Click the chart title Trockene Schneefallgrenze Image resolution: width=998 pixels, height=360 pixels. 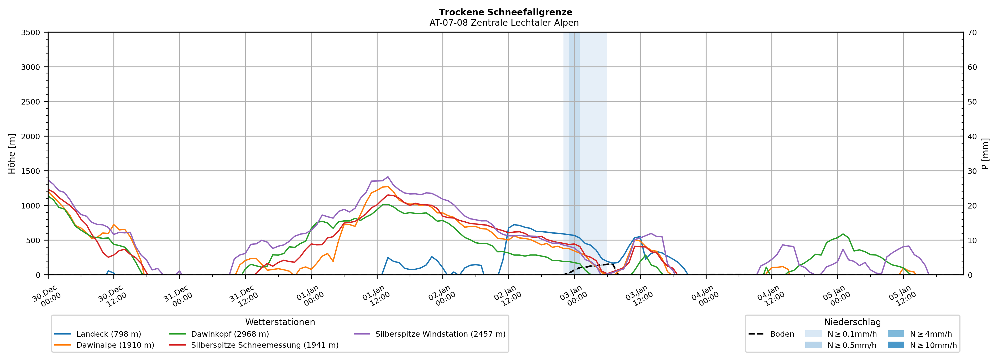[x=505, y=12]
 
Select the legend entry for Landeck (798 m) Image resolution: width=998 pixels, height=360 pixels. [x=108, y=334]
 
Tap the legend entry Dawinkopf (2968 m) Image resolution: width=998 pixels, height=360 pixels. [x=230, y=334]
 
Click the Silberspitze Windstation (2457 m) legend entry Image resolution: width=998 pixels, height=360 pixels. [x=440, y=334]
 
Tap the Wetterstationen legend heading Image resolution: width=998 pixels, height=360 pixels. [x=280, y=322]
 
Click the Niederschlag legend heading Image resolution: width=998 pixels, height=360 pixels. [x=852, y=322]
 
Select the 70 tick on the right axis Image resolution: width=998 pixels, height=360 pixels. [x=972, y=33]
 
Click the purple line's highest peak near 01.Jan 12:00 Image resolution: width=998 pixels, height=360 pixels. [x=388, y=177]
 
